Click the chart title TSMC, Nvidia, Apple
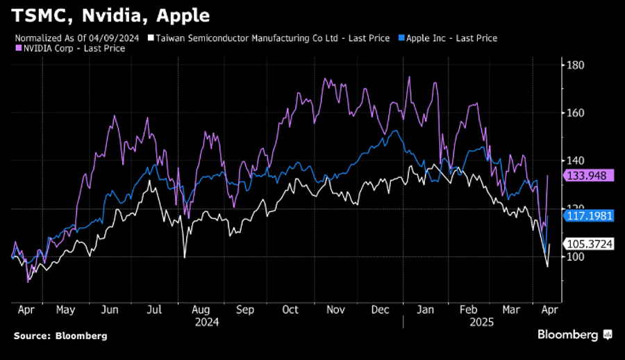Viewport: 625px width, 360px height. [111, 15]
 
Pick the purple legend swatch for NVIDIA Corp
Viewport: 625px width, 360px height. [17, 49]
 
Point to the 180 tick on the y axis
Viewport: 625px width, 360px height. [576, 65]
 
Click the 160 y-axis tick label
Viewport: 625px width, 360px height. [576, 113]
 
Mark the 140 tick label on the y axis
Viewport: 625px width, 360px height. [576, 161]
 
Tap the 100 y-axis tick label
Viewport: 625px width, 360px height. [576, 256]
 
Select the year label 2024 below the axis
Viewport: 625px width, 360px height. [208, 322]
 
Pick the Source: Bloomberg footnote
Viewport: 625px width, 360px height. [60, 336]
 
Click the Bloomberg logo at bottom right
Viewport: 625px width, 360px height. [574, 335]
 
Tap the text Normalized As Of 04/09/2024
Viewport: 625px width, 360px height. [78, 38]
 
